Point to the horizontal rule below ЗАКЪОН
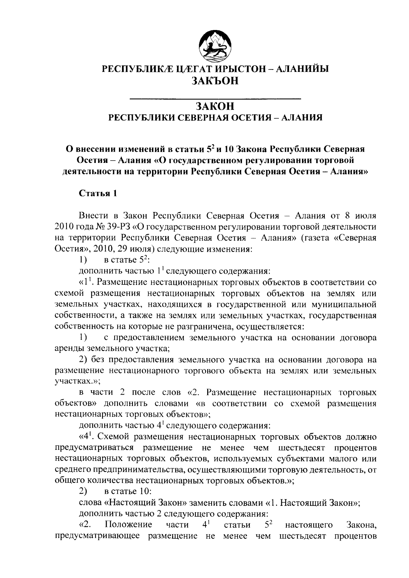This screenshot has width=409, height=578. point(216,99)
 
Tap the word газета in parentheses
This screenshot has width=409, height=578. point(317,238)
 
